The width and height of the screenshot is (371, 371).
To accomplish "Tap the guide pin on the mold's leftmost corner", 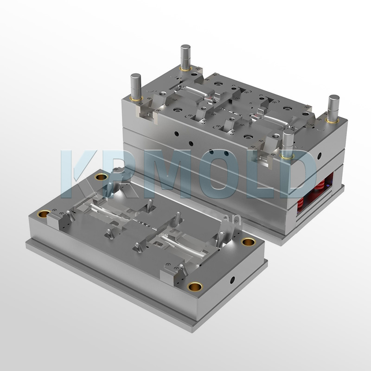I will click(136, 86).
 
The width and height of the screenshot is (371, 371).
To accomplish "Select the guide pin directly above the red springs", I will click(333, 108).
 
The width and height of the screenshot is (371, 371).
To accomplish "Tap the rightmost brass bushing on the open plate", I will click(248, 242).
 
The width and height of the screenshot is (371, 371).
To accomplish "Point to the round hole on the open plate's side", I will click(232, 280).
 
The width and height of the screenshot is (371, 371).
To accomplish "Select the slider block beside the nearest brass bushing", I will click(171, 274).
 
